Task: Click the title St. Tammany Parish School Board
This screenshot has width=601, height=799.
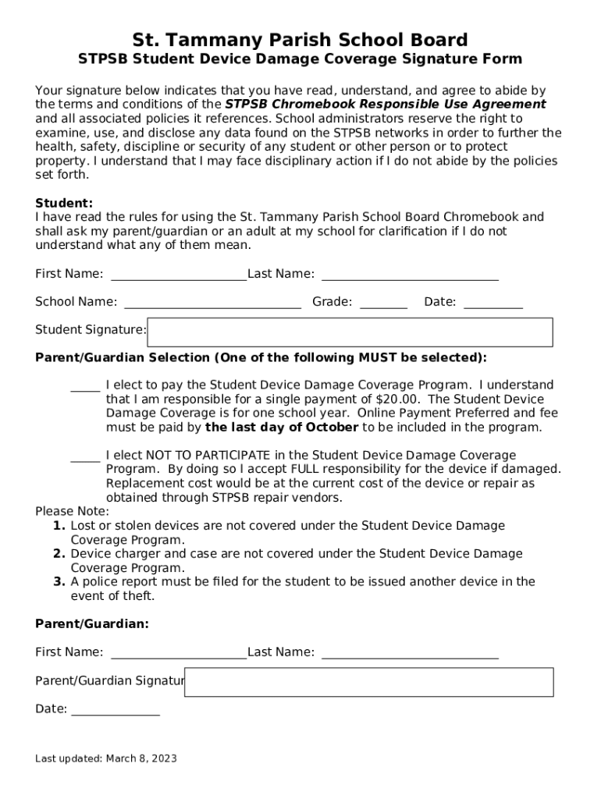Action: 300,40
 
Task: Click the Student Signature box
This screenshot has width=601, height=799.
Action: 350,332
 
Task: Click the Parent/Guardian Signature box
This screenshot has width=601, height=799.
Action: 368,682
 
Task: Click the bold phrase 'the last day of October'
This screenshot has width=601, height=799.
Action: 282,428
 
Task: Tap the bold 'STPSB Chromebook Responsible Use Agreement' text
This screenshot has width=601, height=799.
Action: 386,105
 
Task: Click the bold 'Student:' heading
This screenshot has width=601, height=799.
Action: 64,203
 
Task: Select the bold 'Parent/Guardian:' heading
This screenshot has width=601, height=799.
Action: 92,624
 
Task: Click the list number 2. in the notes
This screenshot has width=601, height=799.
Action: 59,554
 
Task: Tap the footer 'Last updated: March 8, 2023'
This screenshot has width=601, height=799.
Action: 106,758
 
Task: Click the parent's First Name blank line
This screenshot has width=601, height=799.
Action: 179,655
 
